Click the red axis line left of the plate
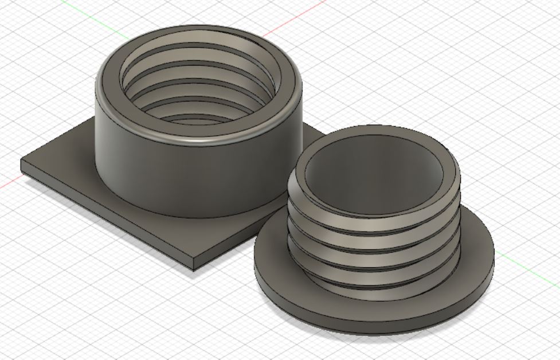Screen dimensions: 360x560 click(9, 184)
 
